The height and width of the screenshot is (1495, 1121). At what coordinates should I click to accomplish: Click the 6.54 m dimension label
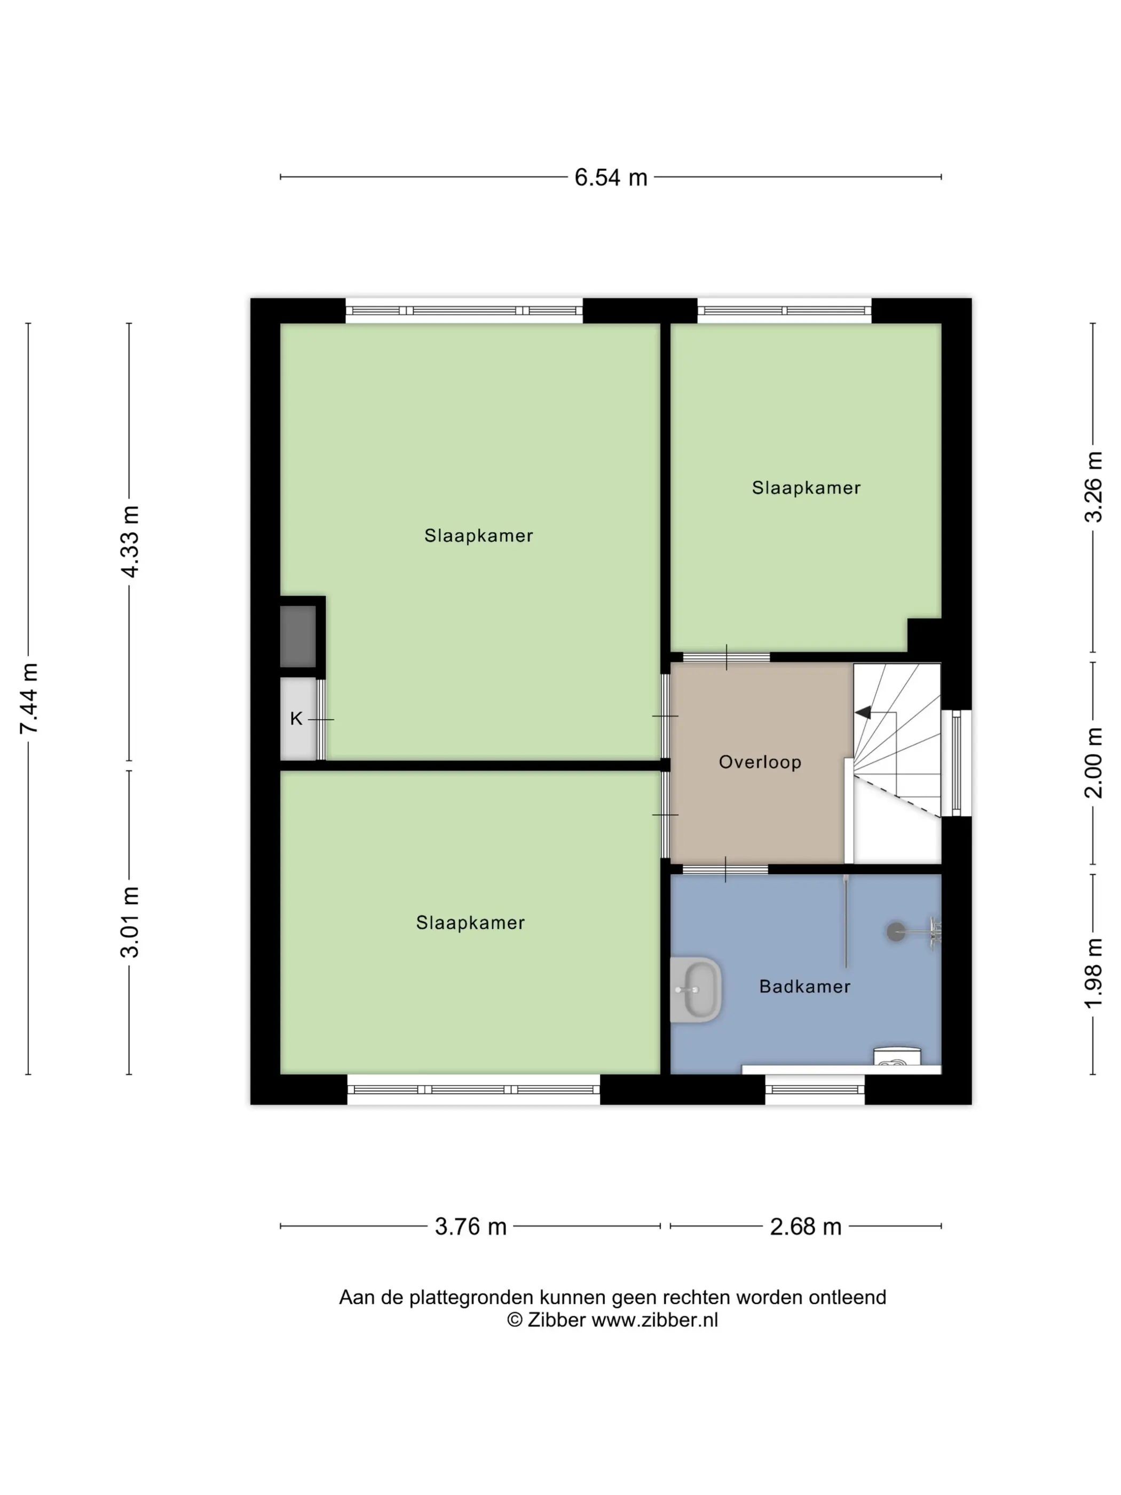pyautogui.click(x=611, y=177)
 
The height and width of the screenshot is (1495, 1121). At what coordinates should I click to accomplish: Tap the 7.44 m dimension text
pyautogui.click(x=29, y=698)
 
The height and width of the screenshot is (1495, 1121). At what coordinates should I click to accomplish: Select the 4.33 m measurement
pyautogui.click(x=129, y=542)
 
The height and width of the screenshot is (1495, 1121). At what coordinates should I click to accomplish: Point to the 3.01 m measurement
pyautogui.click(x=129, y=922)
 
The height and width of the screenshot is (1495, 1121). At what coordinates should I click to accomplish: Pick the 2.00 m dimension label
pyautogui.click(x=1093, y=763)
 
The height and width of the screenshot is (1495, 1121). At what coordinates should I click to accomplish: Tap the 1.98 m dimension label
pyautogui.click(x=1093, y=973)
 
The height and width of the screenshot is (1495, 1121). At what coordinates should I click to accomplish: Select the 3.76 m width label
pyautogui.click(x=470, y=1226)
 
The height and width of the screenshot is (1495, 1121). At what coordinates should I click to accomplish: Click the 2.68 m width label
pyautogui.click(x=806, y=1226)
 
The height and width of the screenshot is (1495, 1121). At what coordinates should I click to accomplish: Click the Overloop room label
pyautogui.click(x=760, y=762)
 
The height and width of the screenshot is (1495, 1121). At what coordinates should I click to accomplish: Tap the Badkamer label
pyautogui.click(x=805, y=987)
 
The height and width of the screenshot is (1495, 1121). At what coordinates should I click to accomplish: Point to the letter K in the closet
pyautogui.click(x=296, y=719)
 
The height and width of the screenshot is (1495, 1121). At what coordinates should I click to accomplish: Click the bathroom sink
pyautogui.click(x=697, y=989)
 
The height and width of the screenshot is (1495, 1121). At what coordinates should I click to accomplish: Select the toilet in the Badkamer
pyautogui.click(x=897, y=1056)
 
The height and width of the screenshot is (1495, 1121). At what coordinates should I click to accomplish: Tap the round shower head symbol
pyautogui.click(x=896, y=933)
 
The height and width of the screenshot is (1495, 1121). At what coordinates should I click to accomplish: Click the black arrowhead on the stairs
pyautogui.click(x=862, y=712)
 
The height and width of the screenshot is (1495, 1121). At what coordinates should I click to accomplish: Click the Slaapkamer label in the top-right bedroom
pyautogui.click(x=806, y=488)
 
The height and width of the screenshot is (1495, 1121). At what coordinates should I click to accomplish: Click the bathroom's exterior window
pyautogui.click(x=815, y=1090)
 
